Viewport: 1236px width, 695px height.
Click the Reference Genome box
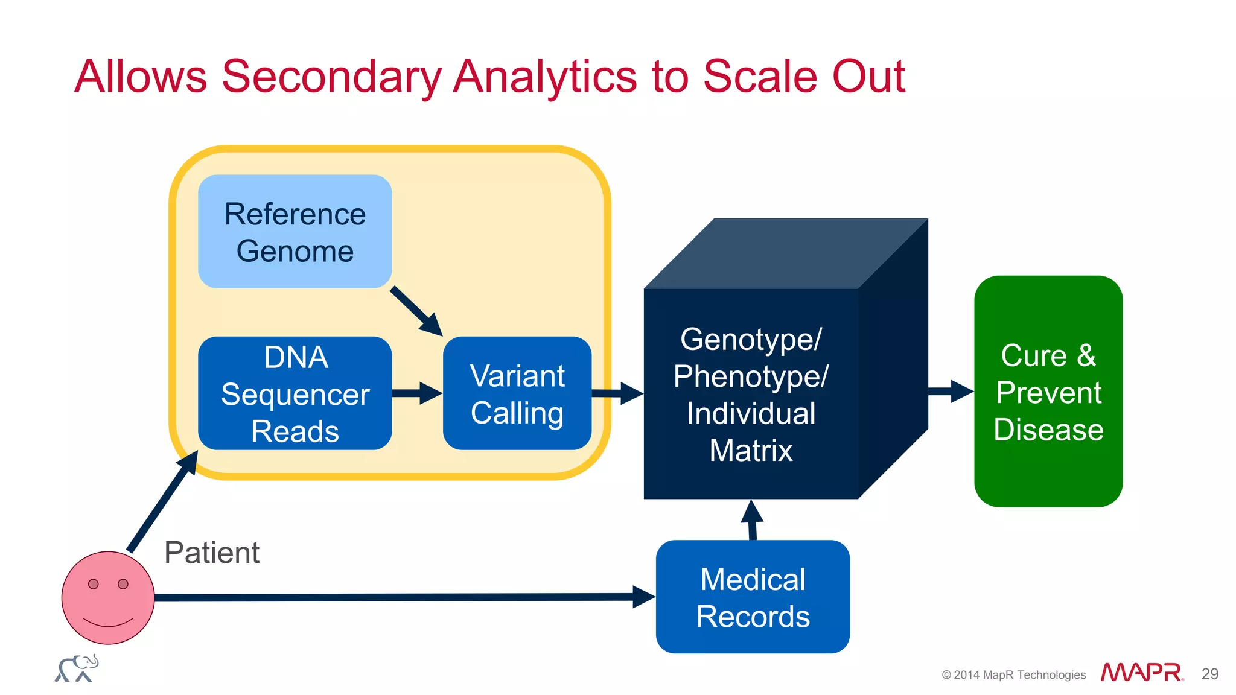[295, 232]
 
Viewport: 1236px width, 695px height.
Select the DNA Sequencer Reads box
[295, 393]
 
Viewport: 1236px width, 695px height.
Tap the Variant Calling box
[517, 393]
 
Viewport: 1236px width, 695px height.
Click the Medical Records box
[752, 597]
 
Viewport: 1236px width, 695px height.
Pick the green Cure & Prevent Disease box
[1048, 392]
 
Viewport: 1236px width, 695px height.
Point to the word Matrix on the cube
[751, 451]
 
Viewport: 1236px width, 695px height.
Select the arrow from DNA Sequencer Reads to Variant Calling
[416, 393]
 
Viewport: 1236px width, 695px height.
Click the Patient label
[212, 553]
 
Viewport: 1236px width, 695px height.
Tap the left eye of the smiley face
[93, 584]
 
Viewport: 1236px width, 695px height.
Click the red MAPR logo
[1141, 672]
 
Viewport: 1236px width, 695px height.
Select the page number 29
[1209, 674]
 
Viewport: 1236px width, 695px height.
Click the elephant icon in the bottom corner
[77, 668]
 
